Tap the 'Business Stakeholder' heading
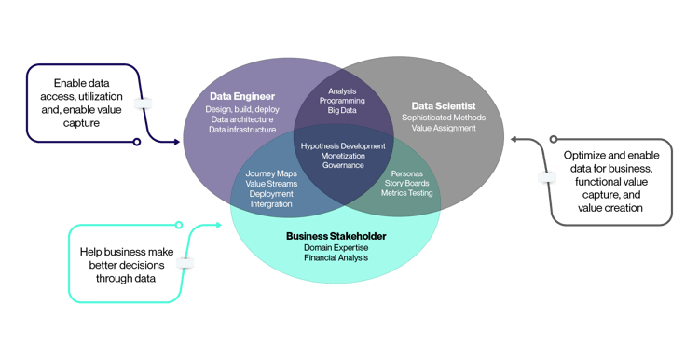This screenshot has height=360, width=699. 336,235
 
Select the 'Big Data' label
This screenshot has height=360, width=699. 342,110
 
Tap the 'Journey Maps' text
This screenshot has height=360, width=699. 270,173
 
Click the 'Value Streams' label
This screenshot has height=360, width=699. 270,184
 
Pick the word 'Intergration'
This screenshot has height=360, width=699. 270,203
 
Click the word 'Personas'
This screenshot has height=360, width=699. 406,173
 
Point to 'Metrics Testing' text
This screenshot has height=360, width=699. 406,194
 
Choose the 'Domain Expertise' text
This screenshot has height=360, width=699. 336,247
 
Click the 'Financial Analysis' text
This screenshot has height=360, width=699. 336,257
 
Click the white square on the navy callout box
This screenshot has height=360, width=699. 144,104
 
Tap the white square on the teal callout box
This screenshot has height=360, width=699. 186,263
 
